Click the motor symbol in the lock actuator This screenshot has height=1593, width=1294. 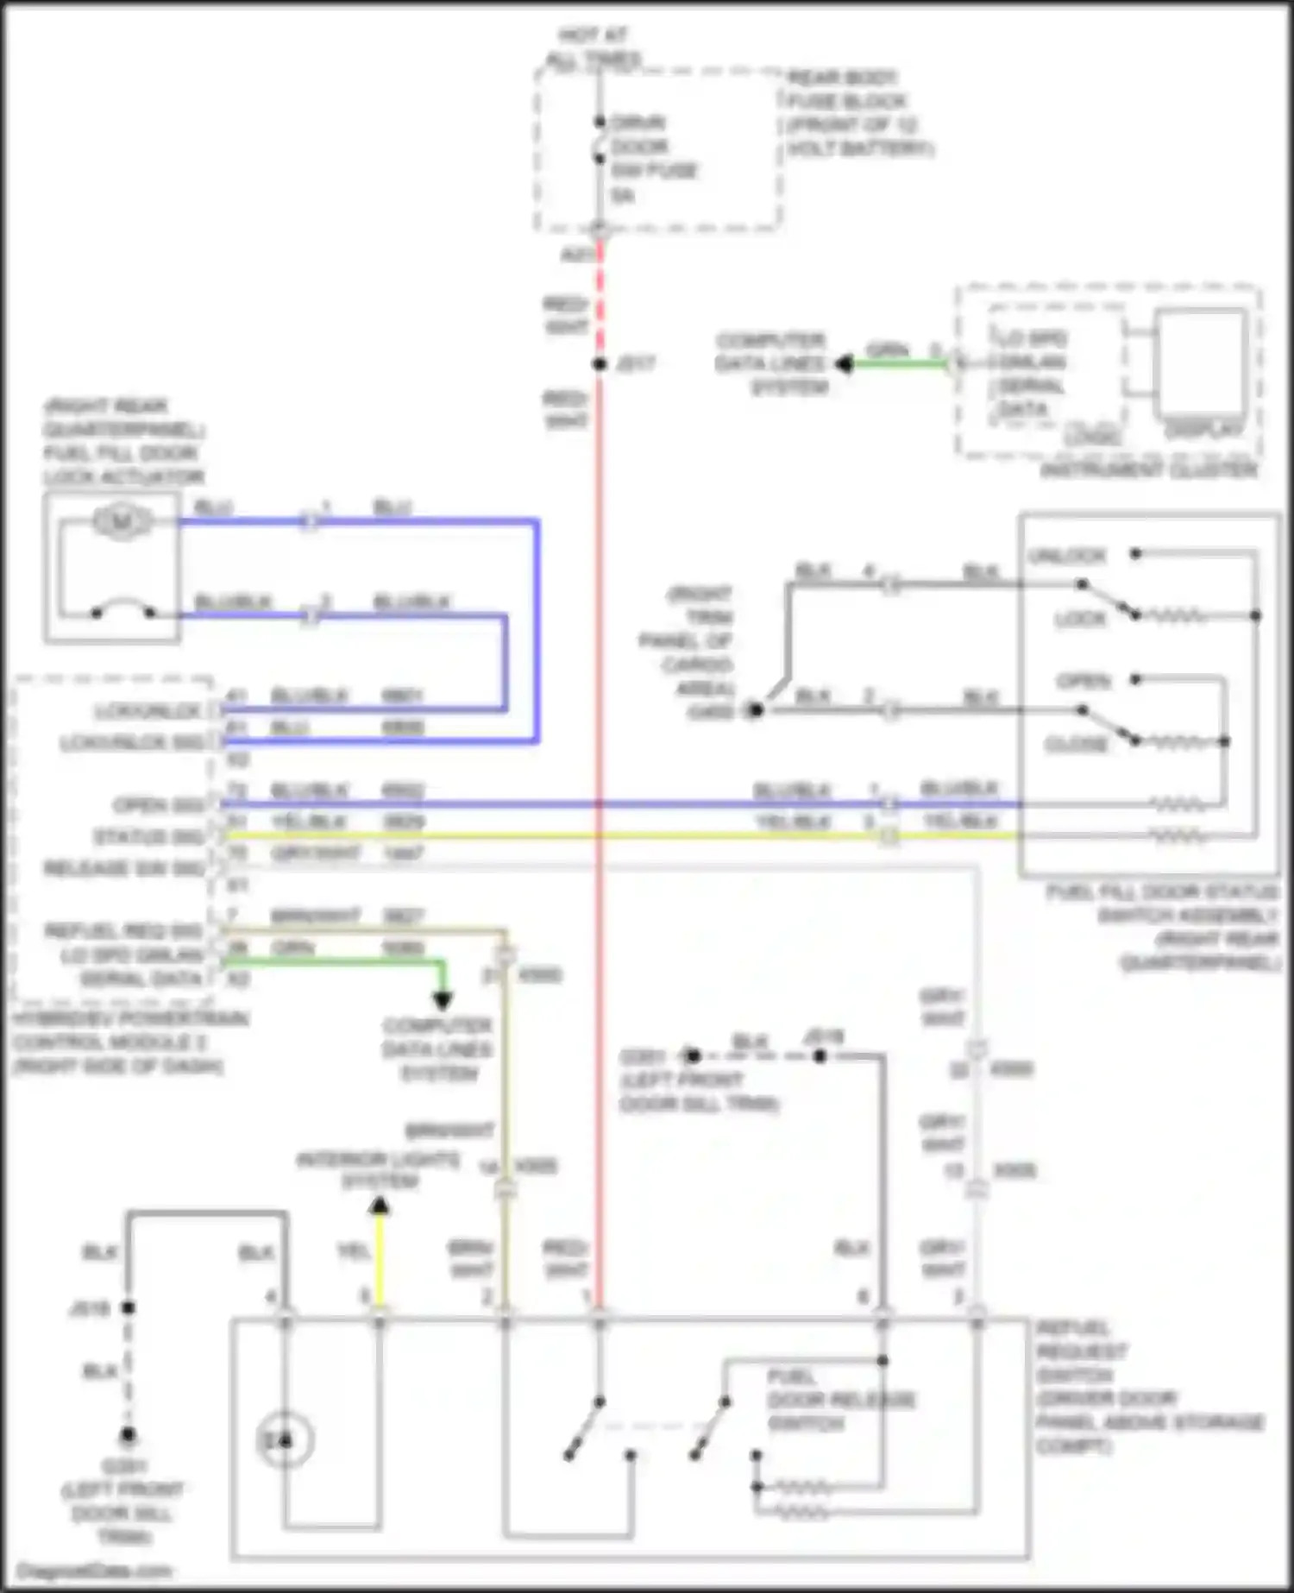point(122,521)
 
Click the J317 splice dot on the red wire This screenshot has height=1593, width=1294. point(600,364)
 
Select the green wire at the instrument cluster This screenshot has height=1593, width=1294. point(897,364)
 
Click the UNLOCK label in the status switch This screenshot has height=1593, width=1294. point(1067,555)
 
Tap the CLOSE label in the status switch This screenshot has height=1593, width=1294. point(1076,744)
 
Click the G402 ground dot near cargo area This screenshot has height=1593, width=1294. point(756,710)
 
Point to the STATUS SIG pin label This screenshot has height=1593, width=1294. point(148,837)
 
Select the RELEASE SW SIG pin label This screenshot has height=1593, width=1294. point(123,868)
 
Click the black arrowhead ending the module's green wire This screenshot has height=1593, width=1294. point(443,1001)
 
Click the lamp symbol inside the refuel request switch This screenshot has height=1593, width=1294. point(284,1440)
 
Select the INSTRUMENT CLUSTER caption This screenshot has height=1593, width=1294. point(1148,470)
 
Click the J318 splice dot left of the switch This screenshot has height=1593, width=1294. point(128,1308)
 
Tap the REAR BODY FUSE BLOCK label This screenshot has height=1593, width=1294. point(859,113)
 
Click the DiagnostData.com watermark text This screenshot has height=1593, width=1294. point(94,1571)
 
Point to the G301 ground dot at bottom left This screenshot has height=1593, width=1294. point(128,1435)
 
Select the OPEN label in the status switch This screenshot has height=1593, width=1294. point(1084,681)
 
